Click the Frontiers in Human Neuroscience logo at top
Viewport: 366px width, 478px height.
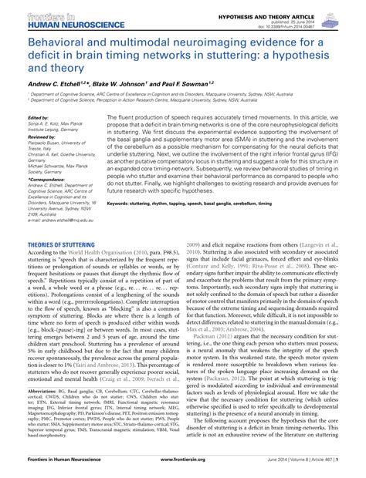(x=48, y=19)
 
